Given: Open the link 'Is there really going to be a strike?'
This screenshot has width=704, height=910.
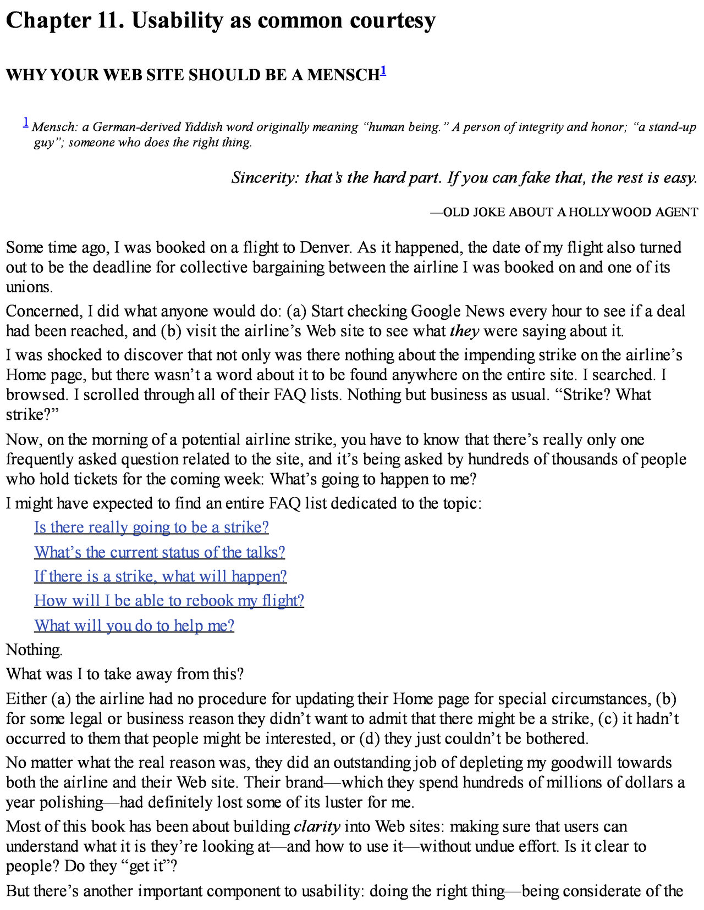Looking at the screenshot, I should tap(151, 528).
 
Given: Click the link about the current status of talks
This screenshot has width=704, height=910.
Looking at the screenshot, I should tap(159, 552).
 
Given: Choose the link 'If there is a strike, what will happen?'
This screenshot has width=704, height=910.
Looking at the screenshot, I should tap(160, 576).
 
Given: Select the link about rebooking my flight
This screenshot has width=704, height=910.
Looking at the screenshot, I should tap(169, 601).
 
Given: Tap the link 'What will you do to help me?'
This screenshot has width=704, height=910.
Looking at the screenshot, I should tap(134, 625).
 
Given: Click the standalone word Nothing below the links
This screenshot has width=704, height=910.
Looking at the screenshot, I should tap(34, 650).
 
